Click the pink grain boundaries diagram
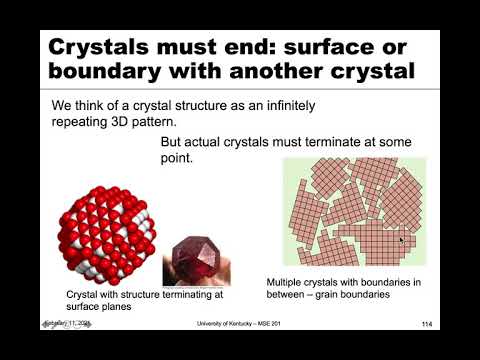pyautogui.click(x=354, y=214)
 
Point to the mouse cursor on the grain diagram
pyautogui.click(x=401, y=239)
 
